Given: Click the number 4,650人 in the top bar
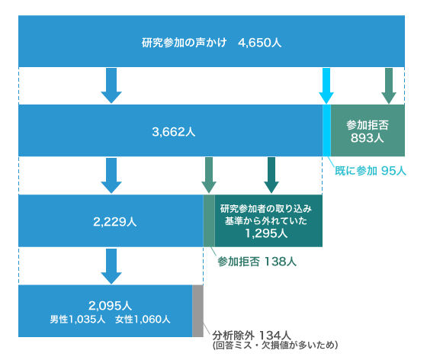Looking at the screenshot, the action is pos(259,43).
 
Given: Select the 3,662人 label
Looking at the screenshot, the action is pos(174,132).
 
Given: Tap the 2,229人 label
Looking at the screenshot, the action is pos(114,222).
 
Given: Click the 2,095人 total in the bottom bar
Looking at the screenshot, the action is pos(110,306).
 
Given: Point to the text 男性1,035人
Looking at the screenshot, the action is pos(78,319).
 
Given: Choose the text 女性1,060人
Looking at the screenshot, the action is pos(143,319).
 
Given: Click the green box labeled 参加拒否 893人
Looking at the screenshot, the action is pos(368,130).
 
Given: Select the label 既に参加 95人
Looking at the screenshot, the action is pos(371,171).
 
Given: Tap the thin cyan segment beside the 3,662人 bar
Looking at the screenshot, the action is pos(326,130).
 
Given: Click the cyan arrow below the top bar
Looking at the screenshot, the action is pos(326,85).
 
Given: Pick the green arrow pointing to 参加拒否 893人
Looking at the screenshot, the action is pos(389,85).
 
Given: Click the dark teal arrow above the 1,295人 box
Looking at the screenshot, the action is pos(271,175).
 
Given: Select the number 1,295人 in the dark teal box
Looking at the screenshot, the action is pos(266,233).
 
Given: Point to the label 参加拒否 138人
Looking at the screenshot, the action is pos(257,262).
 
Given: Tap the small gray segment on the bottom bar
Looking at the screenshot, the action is pos(198,311).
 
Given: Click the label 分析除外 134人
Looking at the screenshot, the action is pos(252,336).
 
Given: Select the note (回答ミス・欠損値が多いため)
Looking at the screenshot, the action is pos(275,346).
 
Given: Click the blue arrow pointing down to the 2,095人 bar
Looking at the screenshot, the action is pos(111,266).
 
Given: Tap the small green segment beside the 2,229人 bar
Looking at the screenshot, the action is pos(209,221).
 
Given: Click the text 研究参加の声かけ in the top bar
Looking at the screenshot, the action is pos(184,43).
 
